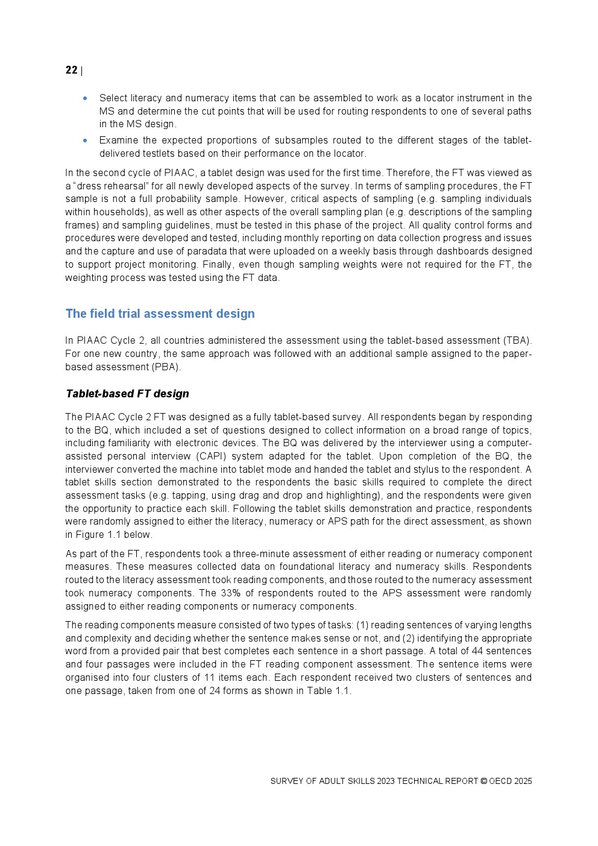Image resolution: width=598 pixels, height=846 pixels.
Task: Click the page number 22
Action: click(71, 71)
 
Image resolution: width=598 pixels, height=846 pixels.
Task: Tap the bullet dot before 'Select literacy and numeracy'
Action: click(85, 98)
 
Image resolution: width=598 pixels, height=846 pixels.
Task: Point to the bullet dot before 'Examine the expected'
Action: click(85, 140)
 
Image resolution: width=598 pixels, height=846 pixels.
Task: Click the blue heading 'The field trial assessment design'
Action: click(160, 314)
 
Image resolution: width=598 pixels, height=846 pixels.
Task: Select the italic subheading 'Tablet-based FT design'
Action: click(127, 394)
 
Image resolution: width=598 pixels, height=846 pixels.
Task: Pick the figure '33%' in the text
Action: click(230, 593)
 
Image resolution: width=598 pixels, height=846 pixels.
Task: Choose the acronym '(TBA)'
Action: click(517, 341)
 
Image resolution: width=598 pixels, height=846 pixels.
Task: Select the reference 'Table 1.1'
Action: click(328, 690)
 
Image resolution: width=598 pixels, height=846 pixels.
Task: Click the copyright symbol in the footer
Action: click(483, 781)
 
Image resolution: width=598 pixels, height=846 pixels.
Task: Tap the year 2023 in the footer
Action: click(385, 781)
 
